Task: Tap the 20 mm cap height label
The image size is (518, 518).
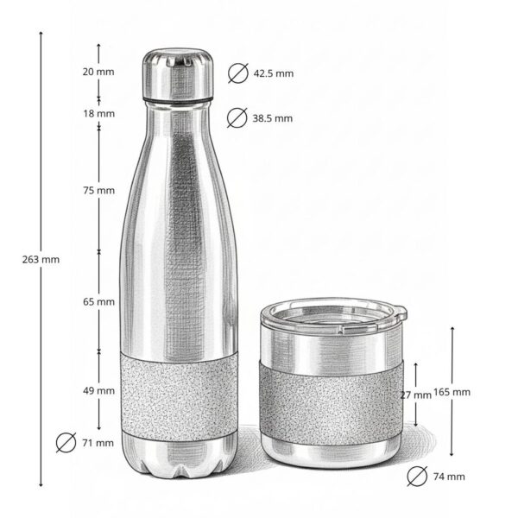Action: click(x=98, y=72)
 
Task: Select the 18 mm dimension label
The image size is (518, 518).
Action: click(x=98, y=113)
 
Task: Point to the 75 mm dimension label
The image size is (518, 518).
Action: click(x=98, y=190)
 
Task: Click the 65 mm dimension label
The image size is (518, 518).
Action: click(x=98, y=302)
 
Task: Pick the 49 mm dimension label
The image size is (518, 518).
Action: click(x=98, y=391)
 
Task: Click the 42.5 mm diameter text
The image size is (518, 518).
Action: click(x=273, y=73)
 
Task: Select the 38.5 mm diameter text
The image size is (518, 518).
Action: click(x=273, y=118)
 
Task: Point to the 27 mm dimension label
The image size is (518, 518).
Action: click(x=416, y=395)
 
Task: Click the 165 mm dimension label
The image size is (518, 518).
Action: click(x=453, y=392)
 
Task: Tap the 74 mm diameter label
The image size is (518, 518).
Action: click(x=448, y=477)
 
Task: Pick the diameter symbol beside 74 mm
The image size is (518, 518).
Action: click(x=416, y=476)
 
